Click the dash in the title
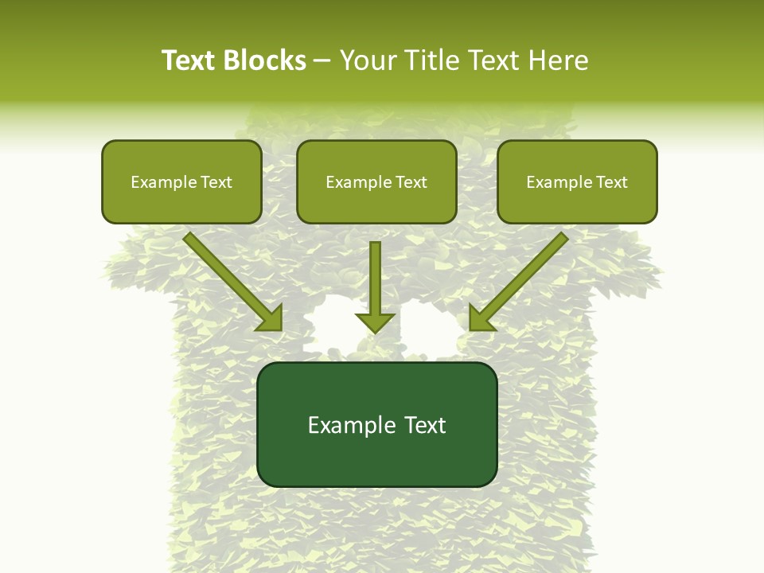(x=322, y=61)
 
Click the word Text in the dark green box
(x=425, y=425)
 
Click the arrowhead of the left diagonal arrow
(x=271, y=318)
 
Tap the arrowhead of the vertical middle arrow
(x=376, y=322)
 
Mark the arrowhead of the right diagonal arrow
(x=481, y=318)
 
